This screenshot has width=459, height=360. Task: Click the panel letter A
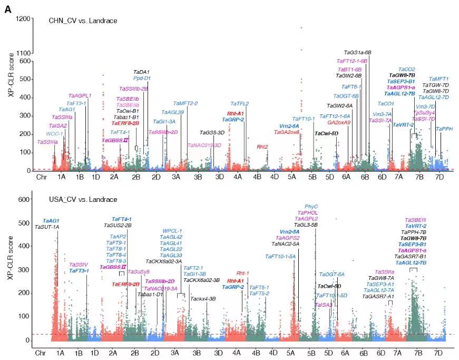tap(7, 8)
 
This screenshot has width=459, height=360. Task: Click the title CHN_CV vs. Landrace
tap(83, 21)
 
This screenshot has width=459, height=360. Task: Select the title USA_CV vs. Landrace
tap(83, 199)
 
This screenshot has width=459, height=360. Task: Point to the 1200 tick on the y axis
tap(24, 19)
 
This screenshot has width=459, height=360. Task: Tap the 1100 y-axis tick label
tap(24, 53)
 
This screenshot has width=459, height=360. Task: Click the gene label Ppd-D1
tap(142, 78)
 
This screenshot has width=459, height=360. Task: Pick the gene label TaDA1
tap(141, 72)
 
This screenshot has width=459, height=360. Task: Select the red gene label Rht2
tap(262, 147)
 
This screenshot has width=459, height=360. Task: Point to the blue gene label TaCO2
tap(407, 69)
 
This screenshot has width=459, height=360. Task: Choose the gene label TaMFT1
tap(438, 79)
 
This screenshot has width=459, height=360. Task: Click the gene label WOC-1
tap(54, 134)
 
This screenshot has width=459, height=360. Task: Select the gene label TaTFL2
tap(239, 104)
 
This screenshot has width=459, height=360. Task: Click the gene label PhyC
tap(311, 206)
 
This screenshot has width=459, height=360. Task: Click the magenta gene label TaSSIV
tap(79, 264)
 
